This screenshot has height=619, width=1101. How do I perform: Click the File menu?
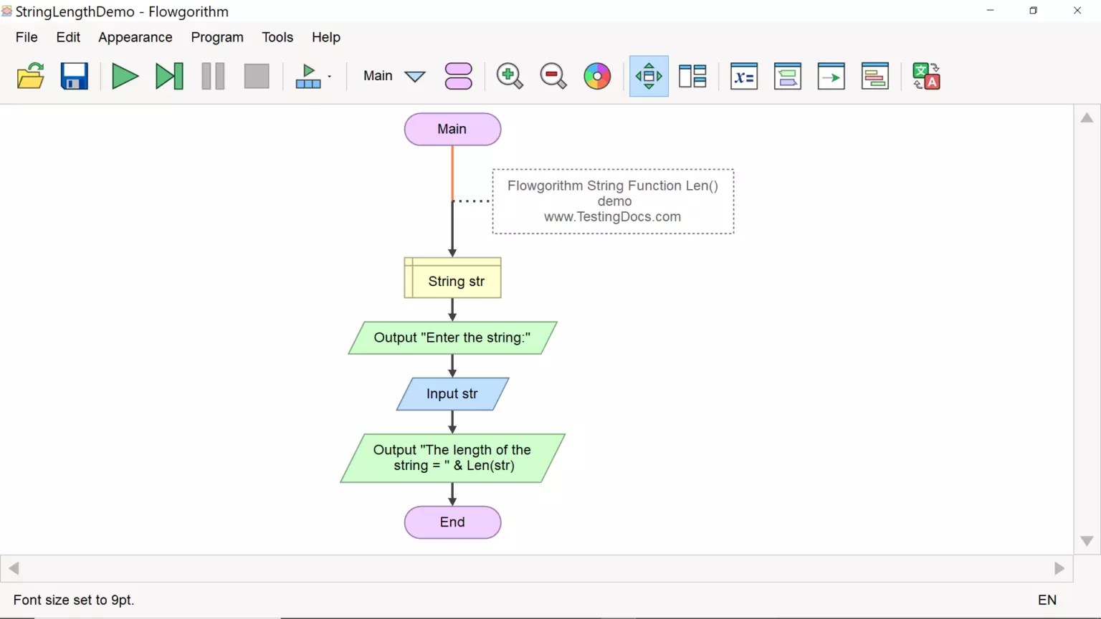(x=27, y=37)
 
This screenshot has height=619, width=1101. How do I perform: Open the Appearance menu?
(x=135, y=37)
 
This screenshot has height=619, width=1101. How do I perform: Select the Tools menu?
(x=277, y=37)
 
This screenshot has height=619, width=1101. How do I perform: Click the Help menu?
(x=325, y=37)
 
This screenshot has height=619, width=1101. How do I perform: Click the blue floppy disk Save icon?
(x=74, y=76)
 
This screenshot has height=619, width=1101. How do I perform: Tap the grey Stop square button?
(x=256, y=76)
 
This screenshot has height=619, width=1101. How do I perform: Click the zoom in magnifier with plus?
(x=509, y=76)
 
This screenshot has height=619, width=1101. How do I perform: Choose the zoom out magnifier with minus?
(x=553, y=76)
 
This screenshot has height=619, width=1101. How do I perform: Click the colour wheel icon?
(x=597, y=76)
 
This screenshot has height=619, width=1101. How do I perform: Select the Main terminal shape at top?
(x=452, y=129)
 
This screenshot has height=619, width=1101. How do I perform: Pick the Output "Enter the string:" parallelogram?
(x=452, y=337)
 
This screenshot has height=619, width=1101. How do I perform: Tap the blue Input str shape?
(x=452, y=394)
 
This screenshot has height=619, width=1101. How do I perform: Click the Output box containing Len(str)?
(x=452, y=458)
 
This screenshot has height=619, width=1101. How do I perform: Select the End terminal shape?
(x=452, y=522)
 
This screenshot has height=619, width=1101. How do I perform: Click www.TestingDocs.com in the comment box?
(x=612, y=217)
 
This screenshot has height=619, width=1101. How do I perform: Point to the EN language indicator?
(x=1047, y=600)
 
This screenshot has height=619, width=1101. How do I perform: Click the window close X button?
(x=1077, y=11)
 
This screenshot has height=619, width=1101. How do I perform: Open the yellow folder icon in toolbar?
(x=31, y=76)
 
